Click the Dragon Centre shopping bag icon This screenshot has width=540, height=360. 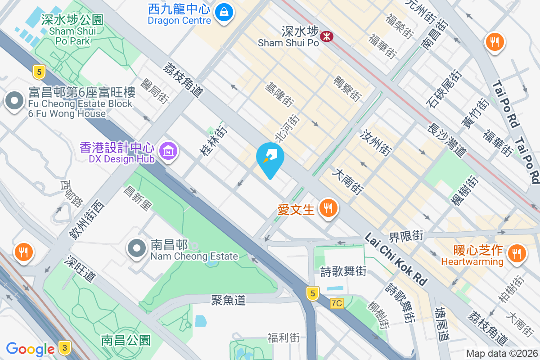[224, 12]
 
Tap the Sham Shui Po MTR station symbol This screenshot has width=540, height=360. [326, 35]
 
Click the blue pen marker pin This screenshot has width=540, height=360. [270, 157]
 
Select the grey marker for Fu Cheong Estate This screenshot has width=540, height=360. [14, 100]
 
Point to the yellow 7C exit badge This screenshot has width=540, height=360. [336, 303]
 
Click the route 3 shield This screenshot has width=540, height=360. [65, 348]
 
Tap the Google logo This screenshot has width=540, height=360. [30, 349]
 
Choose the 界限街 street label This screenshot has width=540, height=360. [406, 235]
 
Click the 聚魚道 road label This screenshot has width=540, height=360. [229, 300]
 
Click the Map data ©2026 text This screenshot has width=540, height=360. [501, 354]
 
